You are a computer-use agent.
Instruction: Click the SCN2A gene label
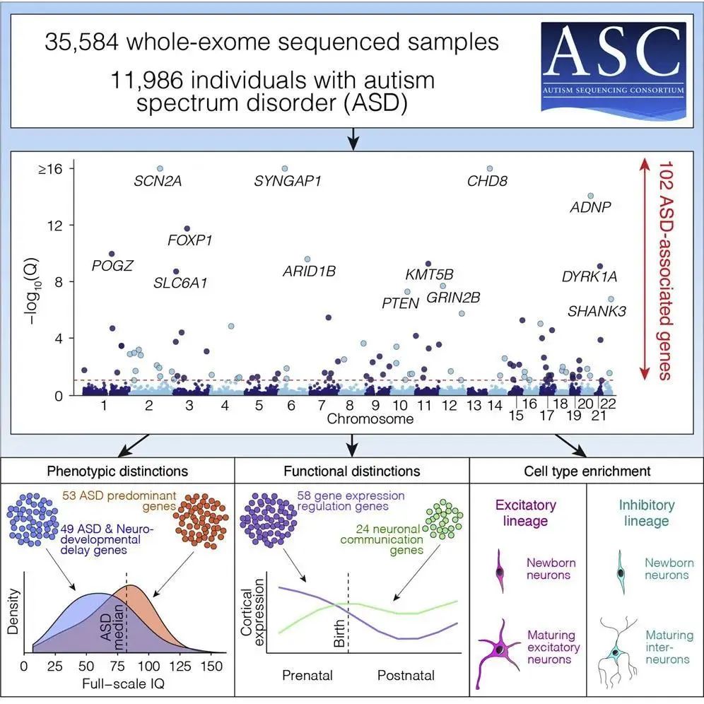tap(158, 181)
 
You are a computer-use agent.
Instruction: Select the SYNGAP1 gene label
tap(288, 181)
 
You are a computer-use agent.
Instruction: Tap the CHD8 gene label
tap(487, 181)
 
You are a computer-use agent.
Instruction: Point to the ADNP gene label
tap(590, 207)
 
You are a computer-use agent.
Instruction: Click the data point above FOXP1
tap(187, 228)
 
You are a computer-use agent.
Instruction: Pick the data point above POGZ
tap(112, 254)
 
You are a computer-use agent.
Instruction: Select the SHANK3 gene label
tap(597, 310)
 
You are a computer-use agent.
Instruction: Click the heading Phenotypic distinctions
tap(117, 471)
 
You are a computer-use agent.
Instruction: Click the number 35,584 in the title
tap(83, 42)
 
